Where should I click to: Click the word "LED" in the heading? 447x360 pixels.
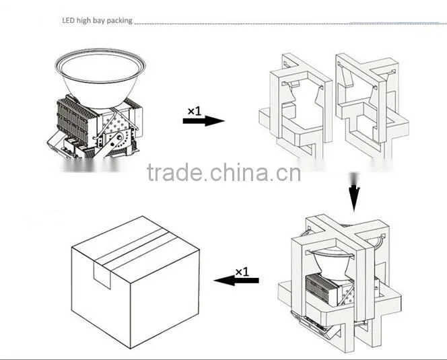point(68,20)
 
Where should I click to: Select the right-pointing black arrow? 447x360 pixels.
point(203,121)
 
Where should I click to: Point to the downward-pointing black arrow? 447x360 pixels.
point(354,192)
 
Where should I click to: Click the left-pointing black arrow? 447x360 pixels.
point(236,280)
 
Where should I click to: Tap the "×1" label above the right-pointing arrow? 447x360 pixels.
point(195,111)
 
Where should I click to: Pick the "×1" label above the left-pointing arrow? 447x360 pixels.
point(242,272)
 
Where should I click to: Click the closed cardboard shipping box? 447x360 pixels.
point(135,282)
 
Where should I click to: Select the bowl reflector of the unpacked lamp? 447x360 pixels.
point(100,77)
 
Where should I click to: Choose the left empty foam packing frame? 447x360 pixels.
point(296,108)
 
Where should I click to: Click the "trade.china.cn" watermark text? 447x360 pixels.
point(224,173)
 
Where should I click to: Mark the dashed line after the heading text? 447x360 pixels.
point(290,23)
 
